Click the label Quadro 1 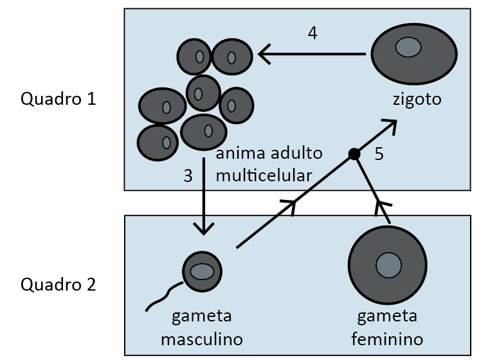pos(59,99)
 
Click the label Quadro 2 pos(59,283)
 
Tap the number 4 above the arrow pos(313,33)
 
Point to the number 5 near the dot pos(379,155)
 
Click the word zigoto pos(417,100)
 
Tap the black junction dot pos(354,154)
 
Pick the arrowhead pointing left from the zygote pos(264,55)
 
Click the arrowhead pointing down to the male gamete pos(204,229)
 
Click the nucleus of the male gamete pos(202,271)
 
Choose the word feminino pos(387,338)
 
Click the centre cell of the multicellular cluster pos(203,93)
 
